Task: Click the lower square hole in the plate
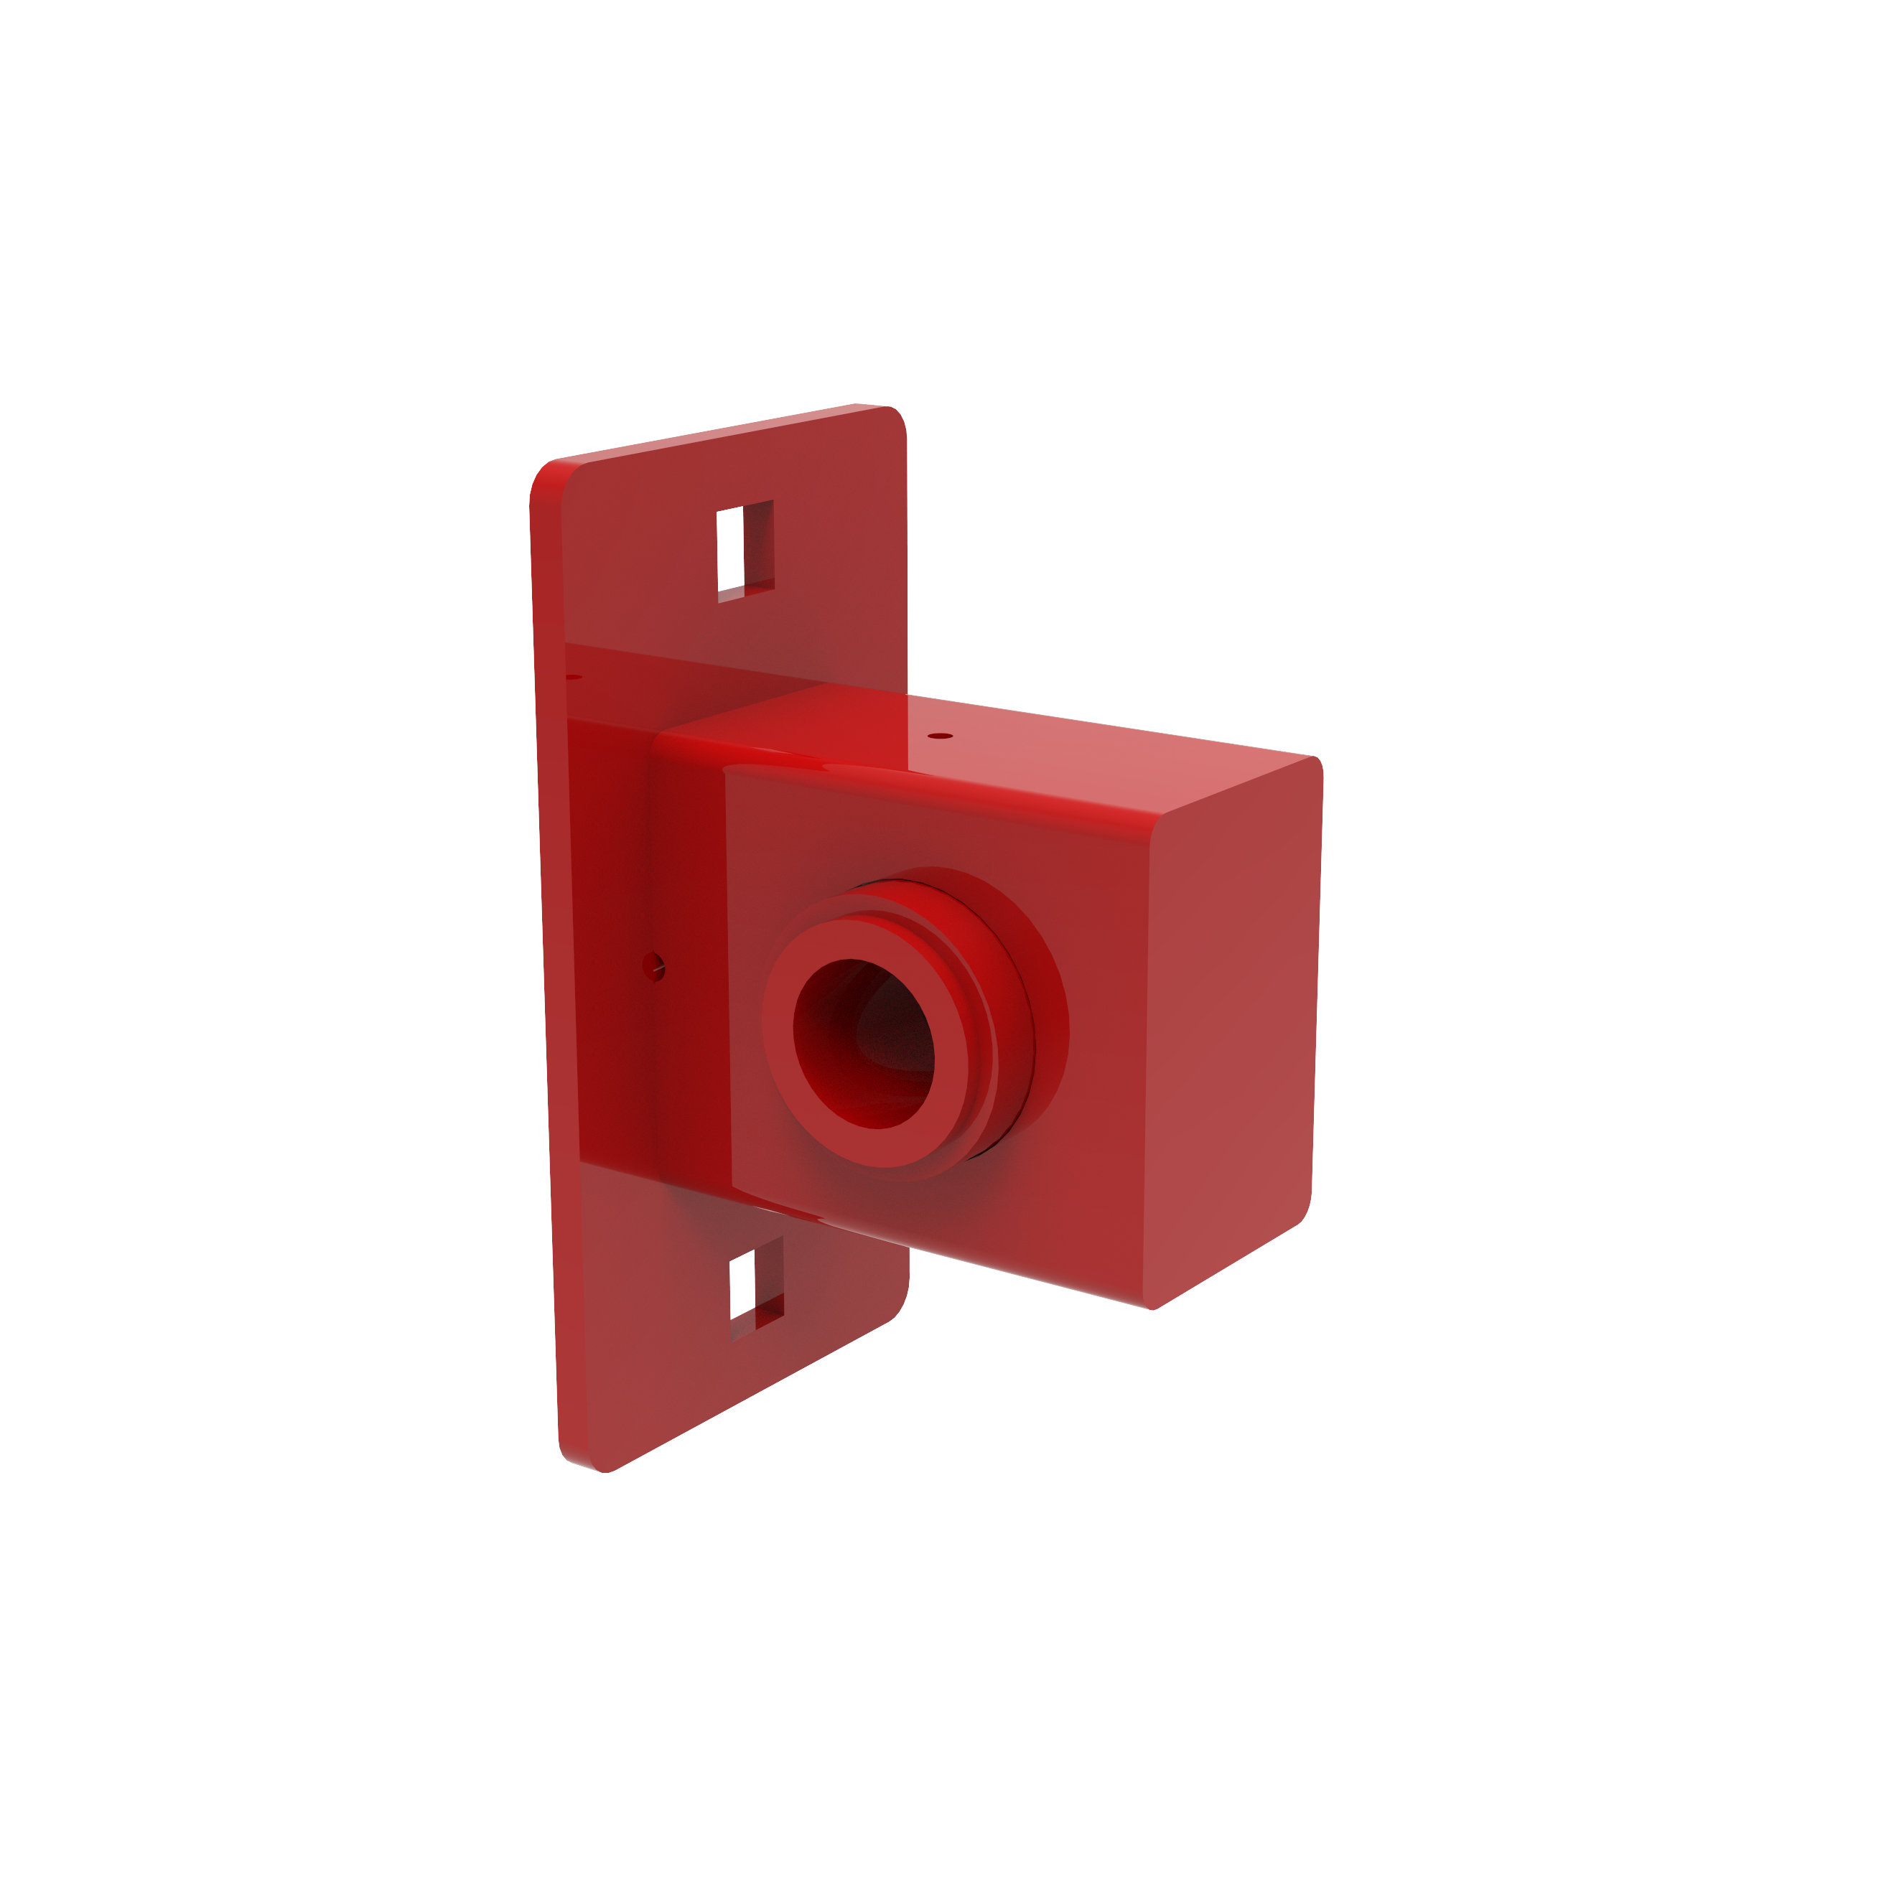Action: pos(743,1286)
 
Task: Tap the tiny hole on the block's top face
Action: pos(939,735)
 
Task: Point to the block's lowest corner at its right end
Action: pos(1154,1309)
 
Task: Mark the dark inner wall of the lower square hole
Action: pos(768,1274)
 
